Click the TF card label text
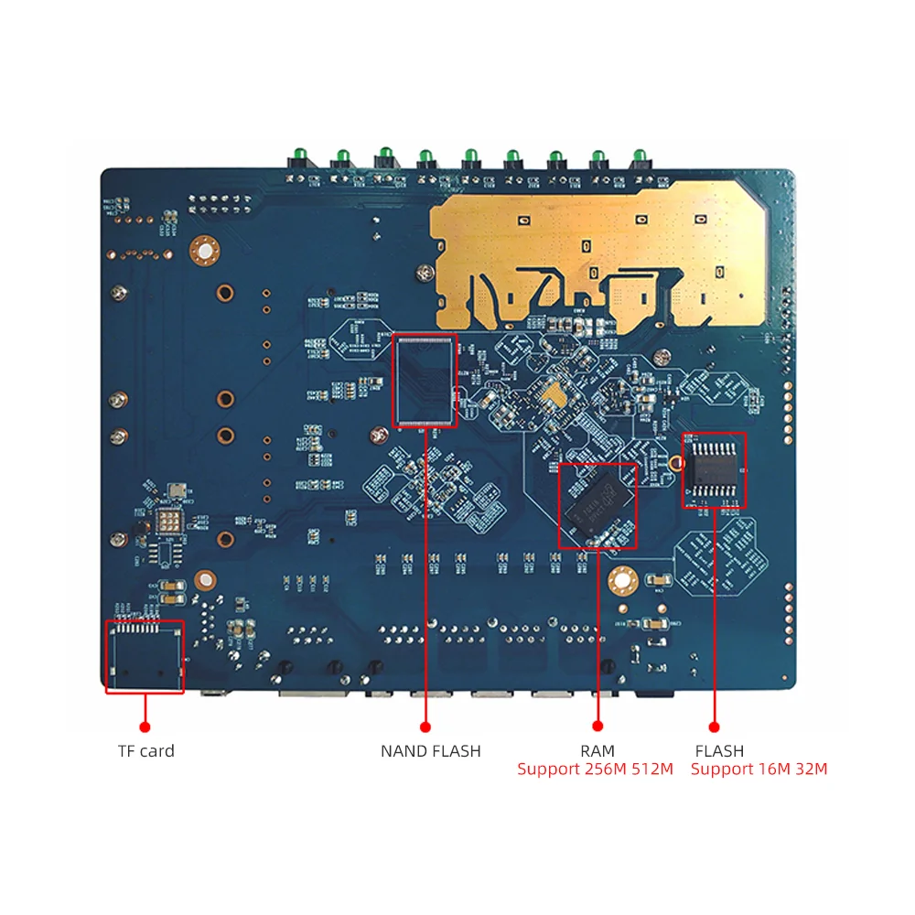click(145, 751)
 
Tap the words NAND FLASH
click(430, 751)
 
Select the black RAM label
click(597, 751)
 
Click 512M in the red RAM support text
click(652, 770)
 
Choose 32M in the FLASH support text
click(810, 770)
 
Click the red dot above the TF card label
click(145, 727)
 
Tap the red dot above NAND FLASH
click(425, 727)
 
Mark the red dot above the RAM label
click(597, 727)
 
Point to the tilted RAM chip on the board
click(597, 506)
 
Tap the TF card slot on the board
click(145, 655)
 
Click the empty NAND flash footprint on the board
click(425, 380)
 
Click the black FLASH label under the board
click(719, 751)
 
